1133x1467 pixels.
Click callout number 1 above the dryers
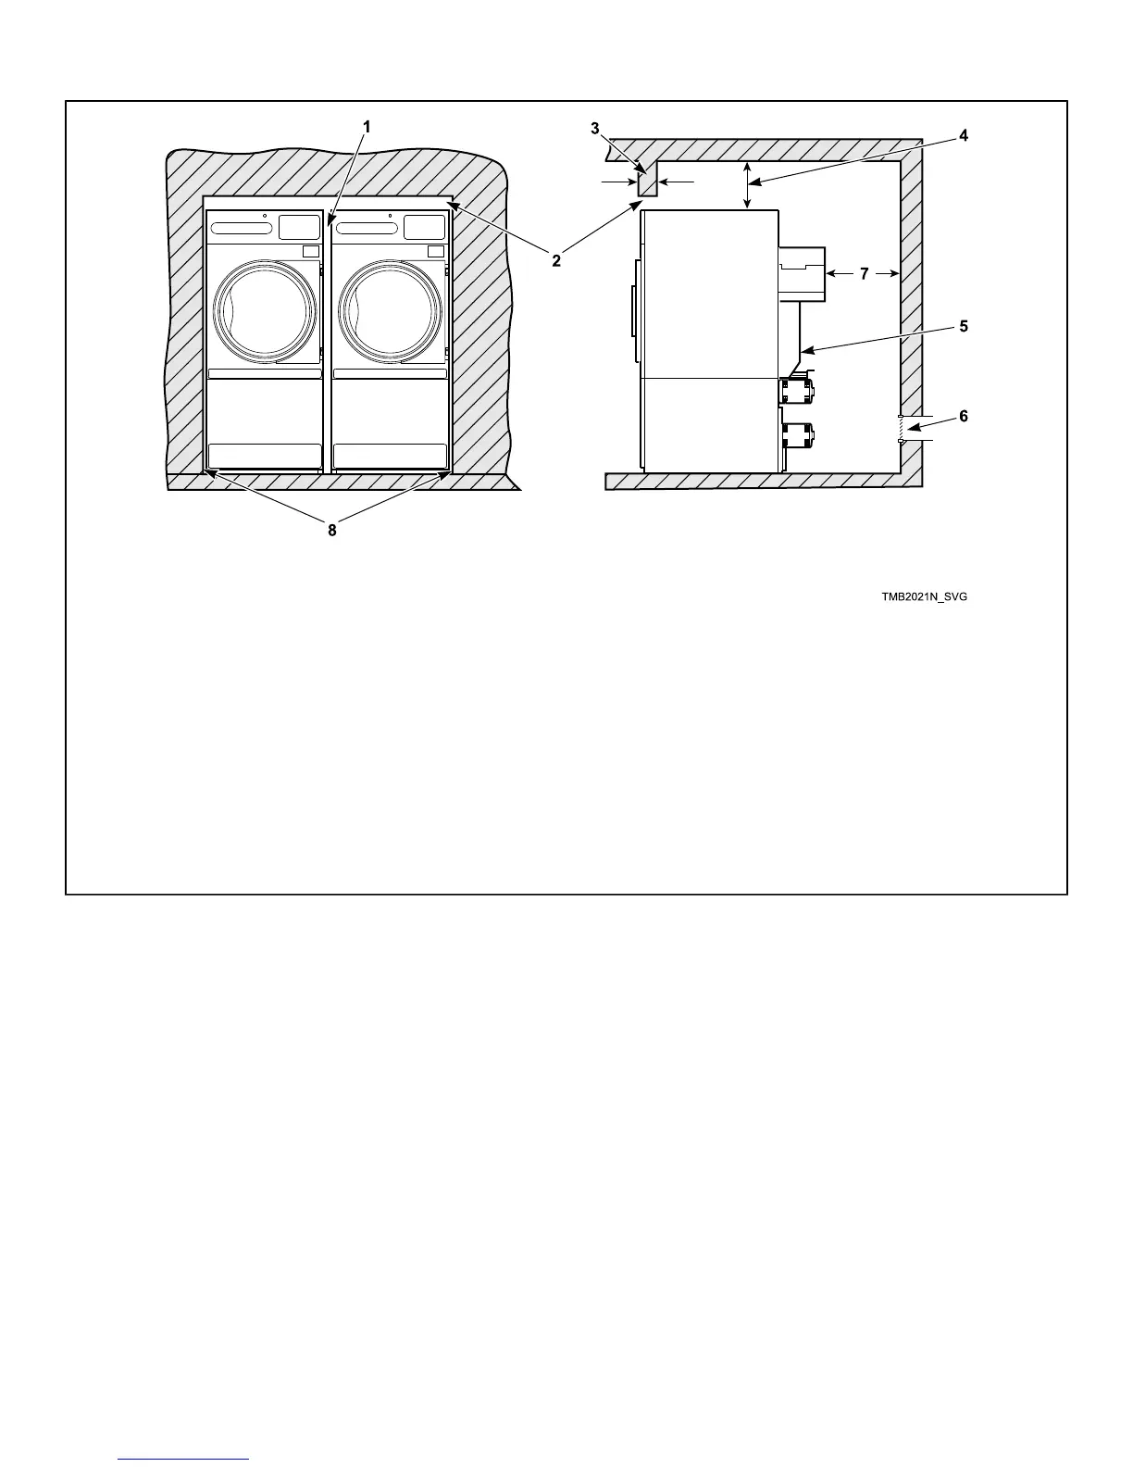367,127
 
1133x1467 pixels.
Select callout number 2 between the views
556,261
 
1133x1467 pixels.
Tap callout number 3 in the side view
595,129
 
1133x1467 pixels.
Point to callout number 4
964,135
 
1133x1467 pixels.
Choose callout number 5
964,326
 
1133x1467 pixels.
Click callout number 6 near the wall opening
964,417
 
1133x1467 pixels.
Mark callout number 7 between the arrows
864,273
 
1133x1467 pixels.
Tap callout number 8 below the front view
331,531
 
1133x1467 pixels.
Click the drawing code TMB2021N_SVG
924,597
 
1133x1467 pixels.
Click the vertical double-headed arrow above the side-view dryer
747,185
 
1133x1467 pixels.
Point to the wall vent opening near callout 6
900,429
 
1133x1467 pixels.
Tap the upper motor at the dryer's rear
797,389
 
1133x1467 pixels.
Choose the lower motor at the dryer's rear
797,433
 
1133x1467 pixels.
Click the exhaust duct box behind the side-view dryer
802,273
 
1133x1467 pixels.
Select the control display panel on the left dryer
298,227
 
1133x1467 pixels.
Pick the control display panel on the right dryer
424,227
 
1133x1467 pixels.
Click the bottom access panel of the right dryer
389,456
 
